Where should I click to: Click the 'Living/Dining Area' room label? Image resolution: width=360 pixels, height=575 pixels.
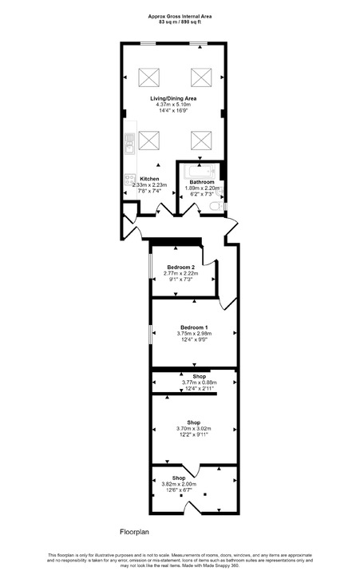[x=174, y=98]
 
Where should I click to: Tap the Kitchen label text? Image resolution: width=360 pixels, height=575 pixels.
[x=149, y=179]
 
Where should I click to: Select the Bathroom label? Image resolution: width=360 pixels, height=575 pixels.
[x=201, y=182]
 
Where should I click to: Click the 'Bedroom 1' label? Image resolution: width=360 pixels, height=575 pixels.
[x=194, y=328]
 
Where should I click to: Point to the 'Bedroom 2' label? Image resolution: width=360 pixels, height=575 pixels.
[x=180, y=267]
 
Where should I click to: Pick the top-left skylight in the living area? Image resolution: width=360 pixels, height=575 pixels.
[x=148, y=77]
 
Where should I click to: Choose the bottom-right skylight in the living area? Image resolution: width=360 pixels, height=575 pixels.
[x=200, y=141]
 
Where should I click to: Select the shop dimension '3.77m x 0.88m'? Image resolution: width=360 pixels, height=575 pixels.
[x=194, y=383]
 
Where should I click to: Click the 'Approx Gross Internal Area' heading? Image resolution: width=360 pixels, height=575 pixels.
[x=179, y=15]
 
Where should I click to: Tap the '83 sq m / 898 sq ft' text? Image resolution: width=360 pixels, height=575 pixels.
[x=179, y=22]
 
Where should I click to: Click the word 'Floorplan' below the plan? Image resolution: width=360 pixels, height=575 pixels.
[x=136, y=530]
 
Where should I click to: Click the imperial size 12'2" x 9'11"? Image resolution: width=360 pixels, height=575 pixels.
[x=194, y=435]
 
